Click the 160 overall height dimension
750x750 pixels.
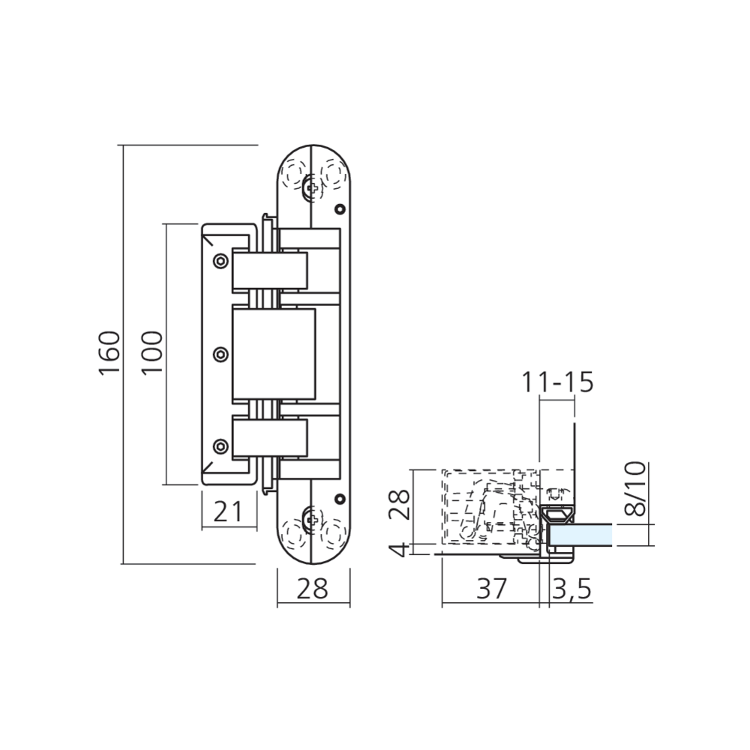point(109,352)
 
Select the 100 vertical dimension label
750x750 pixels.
point(152,352)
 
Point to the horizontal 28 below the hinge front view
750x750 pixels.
point(312,589)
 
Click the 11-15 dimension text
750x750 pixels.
point(558,382)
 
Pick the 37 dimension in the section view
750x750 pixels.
point(491,589)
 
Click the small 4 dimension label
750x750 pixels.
point(400,549)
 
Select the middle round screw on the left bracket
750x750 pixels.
point(220,352)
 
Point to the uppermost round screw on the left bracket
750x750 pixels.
point(220,260)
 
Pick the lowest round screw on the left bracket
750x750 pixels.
point(220,445)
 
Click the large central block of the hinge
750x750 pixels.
point(274,352)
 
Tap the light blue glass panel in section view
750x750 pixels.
point(580,535)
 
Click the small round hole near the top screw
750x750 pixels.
point(340,208)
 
